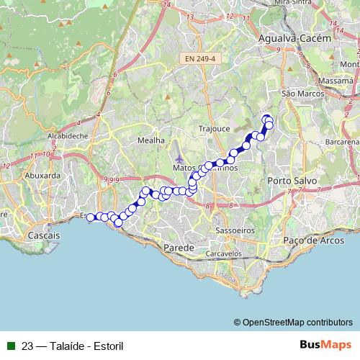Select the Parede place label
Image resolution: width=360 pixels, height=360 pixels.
[x=181, y=248]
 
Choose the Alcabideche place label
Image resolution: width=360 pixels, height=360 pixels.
[x=68, y=135]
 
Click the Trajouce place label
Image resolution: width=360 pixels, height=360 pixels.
[x=213, y=129]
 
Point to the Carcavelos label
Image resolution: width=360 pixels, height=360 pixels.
[x=223, y=254]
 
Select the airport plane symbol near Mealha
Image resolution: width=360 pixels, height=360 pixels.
[x=179, y=158]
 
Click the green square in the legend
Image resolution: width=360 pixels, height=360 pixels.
[x=11, y=345]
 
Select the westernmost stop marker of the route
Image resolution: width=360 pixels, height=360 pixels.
[x=91, y=217]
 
